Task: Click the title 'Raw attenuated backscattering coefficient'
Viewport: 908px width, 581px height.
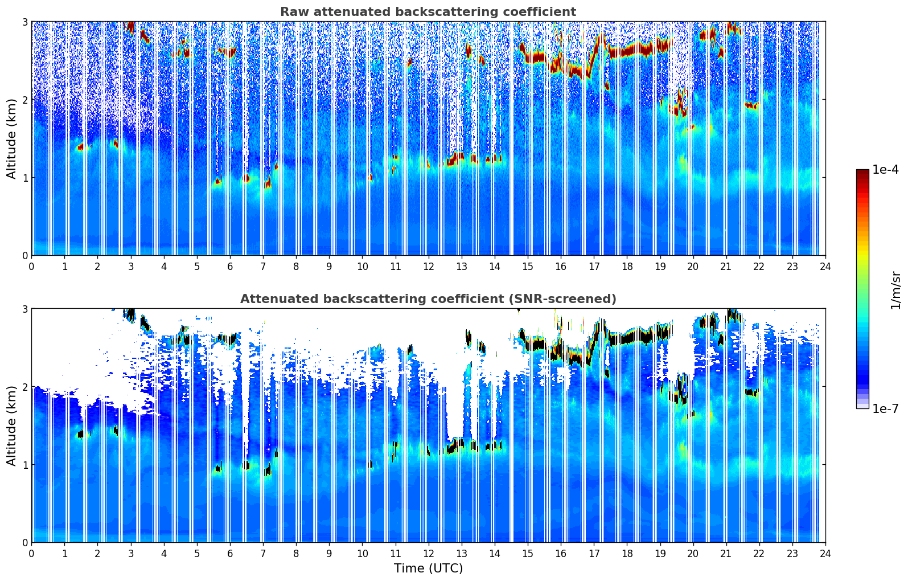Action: tap(428, 12)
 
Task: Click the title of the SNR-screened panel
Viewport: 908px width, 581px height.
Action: tap(428, 299)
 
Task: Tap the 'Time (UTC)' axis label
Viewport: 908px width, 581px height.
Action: tap(428, 568)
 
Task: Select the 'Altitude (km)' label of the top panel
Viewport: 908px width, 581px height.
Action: tap(12, 138)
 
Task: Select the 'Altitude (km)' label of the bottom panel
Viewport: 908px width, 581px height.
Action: tap(12, 425)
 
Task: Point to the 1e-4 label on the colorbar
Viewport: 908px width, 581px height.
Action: tap(885, 170)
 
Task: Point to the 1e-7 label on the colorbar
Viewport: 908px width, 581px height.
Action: tap(885, 408)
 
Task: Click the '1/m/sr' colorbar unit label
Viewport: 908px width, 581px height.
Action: tap(895, 290)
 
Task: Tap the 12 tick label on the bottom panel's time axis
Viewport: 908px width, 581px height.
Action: tap(428, 553)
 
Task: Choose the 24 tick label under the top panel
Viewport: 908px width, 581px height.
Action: tap(825, 266)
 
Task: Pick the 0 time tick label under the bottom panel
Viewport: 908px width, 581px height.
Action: tap(31, 553)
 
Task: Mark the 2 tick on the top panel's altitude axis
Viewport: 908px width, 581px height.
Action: tap(23, 100)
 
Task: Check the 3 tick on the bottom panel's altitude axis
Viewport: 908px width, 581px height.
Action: tap(23, 309)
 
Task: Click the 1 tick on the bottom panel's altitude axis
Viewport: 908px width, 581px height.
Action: tap(23, 465)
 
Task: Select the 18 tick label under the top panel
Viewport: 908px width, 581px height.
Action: tap(627, 266)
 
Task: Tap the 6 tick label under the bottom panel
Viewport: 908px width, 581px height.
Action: tap(230, 553)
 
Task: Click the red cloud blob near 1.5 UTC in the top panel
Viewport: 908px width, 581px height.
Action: tap(81, 147)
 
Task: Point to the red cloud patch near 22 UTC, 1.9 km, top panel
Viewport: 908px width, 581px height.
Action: tap(751, 105)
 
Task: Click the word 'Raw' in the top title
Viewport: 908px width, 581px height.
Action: tap(292, 12)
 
